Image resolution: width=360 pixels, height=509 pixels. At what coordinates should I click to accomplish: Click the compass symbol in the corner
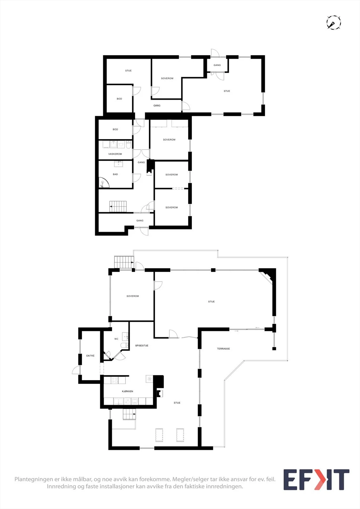click(334, 23)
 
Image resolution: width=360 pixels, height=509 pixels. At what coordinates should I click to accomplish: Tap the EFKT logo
click(316, 479)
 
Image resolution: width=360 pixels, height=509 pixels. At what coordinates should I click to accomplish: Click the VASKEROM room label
click(115, 154)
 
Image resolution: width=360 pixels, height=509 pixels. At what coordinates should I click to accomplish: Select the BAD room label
click(115, 174)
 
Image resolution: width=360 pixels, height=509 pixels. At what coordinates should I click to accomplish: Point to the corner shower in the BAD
click(104, 183)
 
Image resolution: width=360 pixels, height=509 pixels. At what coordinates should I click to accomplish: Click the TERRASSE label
click(223, 349)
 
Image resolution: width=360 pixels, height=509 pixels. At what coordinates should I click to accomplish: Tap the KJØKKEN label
click(128, 391)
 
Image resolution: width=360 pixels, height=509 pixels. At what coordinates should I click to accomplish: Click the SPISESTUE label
click(142, 345)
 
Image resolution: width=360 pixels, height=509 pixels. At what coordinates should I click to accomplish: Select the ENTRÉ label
click(90, 356)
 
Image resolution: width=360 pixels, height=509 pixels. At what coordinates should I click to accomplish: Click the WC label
click(116, 339)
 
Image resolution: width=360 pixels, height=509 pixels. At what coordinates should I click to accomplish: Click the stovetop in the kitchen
click(115, 380)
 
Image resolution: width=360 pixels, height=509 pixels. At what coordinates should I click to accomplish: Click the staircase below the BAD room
click(118, 206)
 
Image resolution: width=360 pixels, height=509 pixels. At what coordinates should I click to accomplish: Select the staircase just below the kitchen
click(130, 414)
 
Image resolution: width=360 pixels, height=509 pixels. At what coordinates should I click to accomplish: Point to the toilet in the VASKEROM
click(129, 144)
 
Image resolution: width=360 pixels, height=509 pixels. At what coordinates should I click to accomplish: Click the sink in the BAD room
click(118, 164)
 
